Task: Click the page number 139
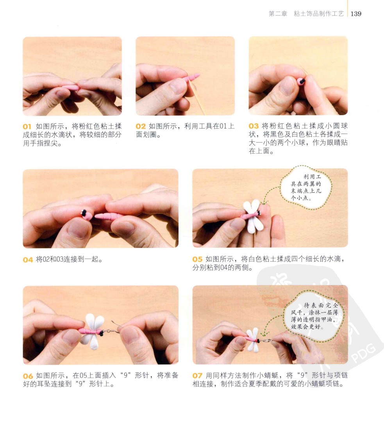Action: (x=356, y=14)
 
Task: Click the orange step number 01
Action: (x=27, y=127)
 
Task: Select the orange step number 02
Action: (x=141, y=126)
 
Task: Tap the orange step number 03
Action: (x=254, y=126)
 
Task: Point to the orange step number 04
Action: (x=28, y=260)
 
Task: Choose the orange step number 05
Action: (x=197, y=259)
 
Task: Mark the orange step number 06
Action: (x=28, y=376)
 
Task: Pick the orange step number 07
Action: (x=197, y=376)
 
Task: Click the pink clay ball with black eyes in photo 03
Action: (x=301, y=82)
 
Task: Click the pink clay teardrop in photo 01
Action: (x=71, y=87)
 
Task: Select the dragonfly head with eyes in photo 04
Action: (x=86, y=215)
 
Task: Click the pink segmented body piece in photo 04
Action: (x=109, y=216)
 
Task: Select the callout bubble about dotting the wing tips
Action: (x=306, y=187)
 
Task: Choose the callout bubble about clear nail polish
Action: (x=314, y=316)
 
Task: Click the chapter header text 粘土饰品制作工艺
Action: (x=319, y=14)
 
